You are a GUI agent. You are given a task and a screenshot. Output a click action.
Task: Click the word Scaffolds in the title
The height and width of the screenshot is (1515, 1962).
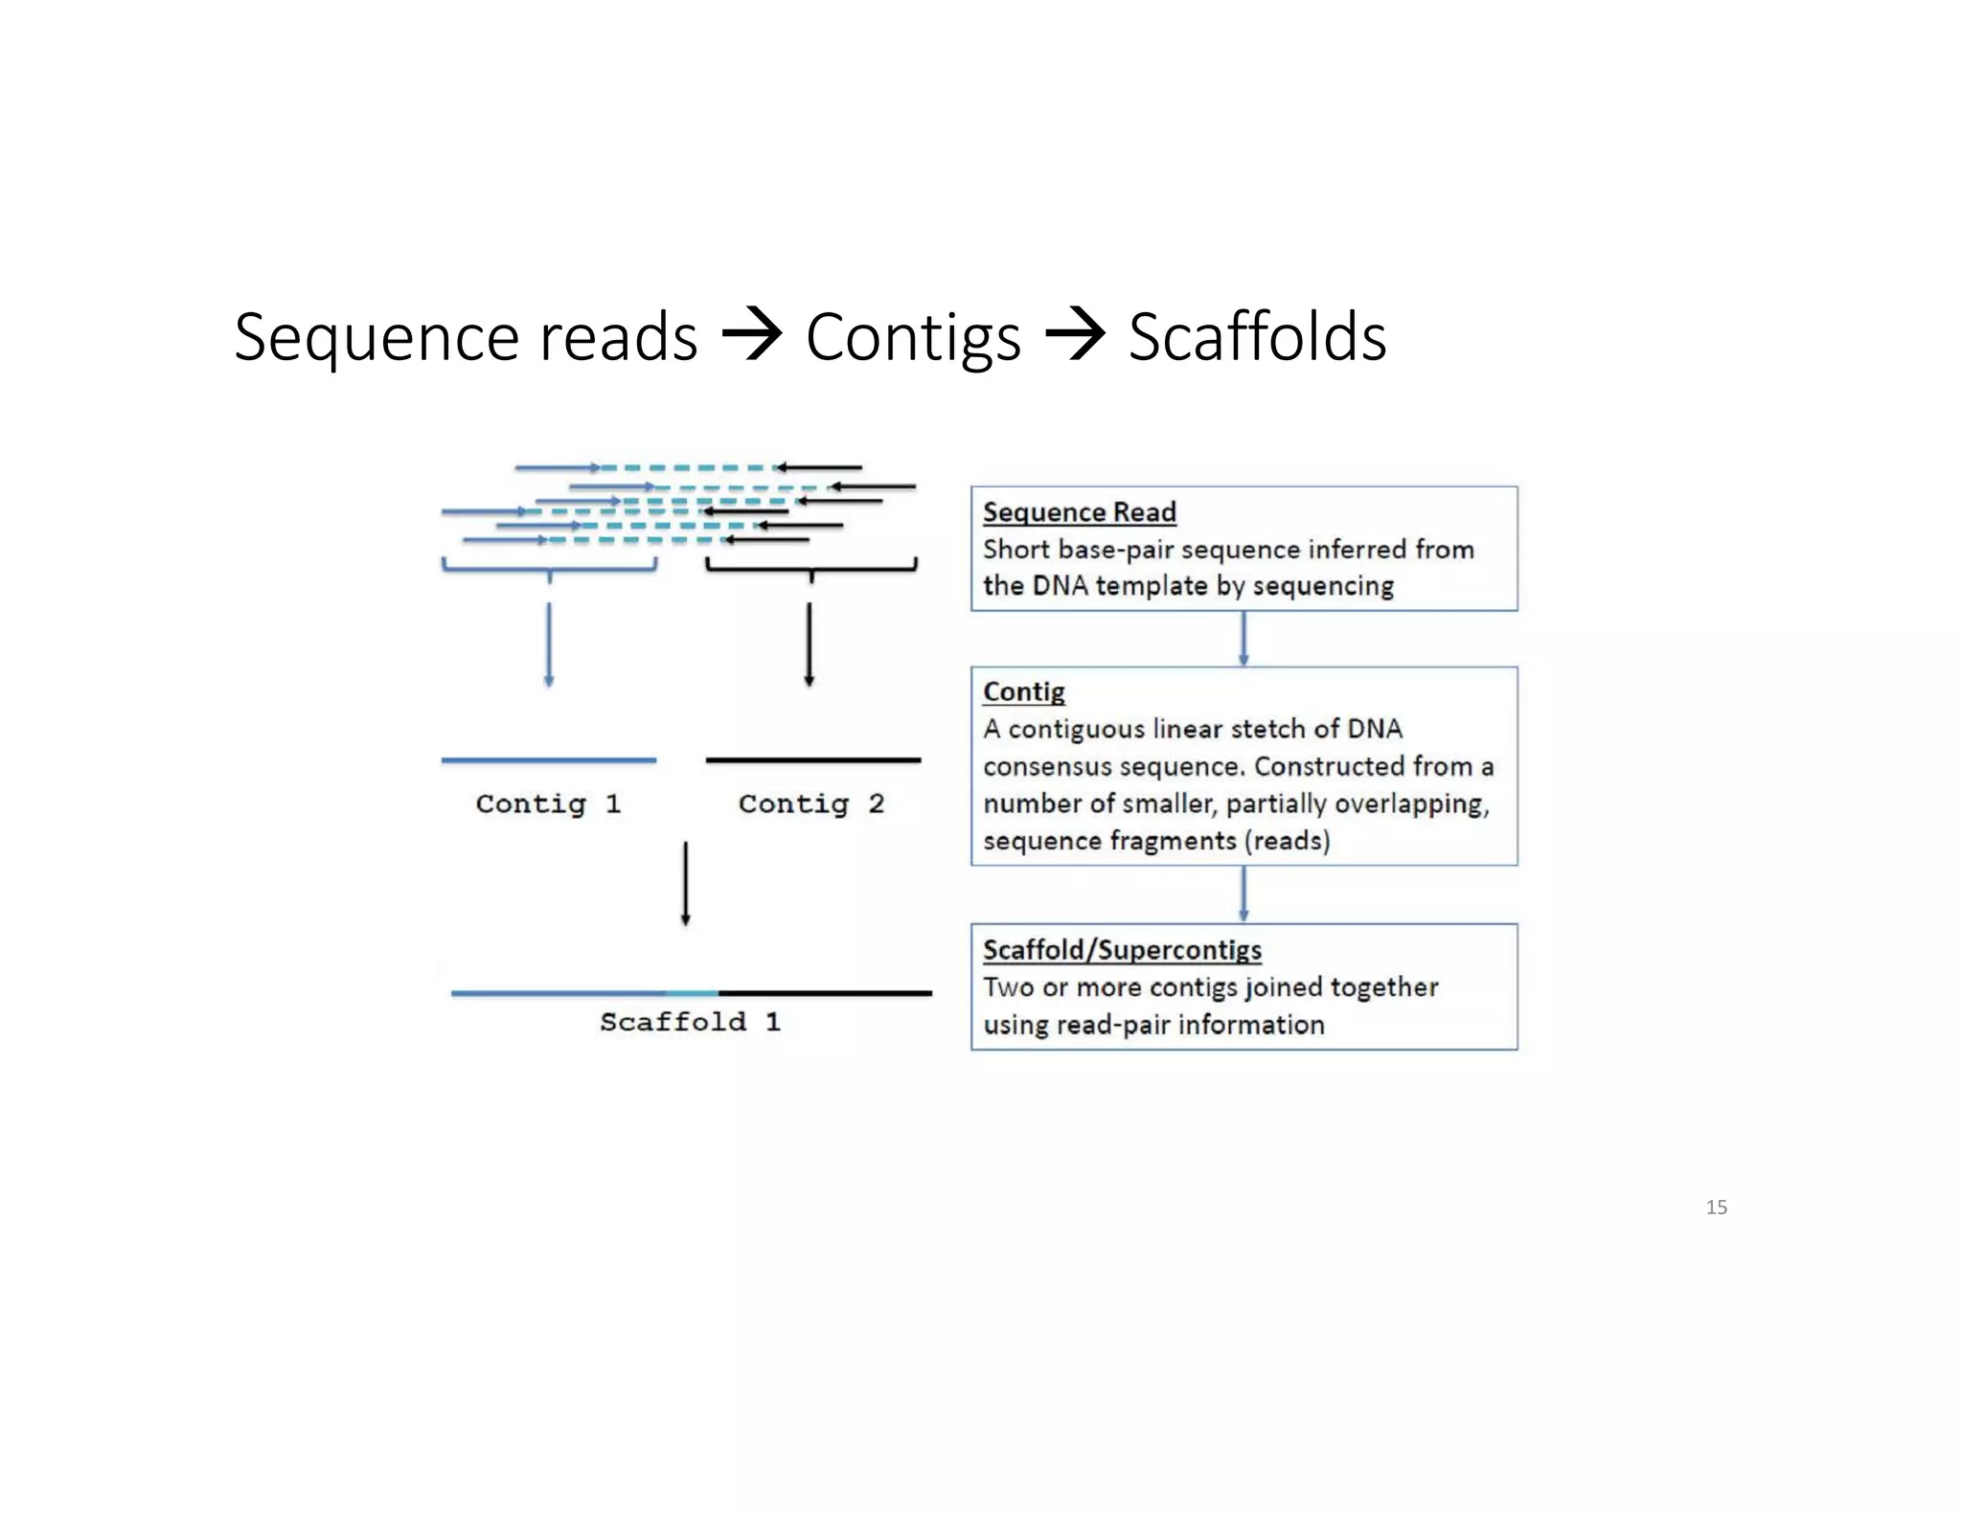click(x=1257, y=337)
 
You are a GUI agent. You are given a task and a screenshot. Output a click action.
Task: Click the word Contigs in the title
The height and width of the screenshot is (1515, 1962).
click(x=913, y=339)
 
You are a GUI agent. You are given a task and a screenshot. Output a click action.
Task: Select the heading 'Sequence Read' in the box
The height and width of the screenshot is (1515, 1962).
click(x=1079, y=512)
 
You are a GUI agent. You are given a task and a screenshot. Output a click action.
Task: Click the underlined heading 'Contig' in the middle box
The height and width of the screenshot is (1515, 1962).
click(x=1023, y=691)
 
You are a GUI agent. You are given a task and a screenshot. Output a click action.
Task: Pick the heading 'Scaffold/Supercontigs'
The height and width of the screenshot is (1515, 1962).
click(x=1122, y=950)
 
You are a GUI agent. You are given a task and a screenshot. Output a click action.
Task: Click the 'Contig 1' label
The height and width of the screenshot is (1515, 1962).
click(x=548, y=803)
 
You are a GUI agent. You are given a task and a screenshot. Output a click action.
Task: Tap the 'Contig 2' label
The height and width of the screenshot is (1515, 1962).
click(x=810, y=803)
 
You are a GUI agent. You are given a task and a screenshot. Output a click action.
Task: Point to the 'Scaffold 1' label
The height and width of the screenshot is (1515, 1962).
click(x=690, y=1022)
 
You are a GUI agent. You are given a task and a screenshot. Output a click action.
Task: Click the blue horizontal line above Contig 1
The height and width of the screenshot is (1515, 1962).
click(x=548, y=760)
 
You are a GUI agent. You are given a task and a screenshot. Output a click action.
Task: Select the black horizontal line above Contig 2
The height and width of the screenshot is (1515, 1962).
click(x=812, y=760)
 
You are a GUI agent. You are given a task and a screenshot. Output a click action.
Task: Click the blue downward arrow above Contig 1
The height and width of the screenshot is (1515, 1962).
click(x=548, y=644)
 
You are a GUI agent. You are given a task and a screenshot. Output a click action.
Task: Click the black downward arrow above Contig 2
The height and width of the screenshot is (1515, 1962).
click(x=809, y=644)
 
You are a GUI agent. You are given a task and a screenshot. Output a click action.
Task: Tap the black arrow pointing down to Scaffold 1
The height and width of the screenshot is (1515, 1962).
click(x=685, y=883)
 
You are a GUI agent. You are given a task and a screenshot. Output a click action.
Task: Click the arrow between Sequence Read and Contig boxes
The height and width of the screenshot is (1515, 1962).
click(x=1243, y=639)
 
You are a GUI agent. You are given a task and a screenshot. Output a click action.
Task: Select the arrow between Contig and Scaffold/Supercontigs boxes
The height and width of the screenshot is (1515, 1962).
click(x=1243, y=894)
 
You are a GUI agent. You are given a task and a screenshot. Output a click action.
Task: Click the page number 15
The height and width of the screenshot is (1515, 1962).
click(x=1716, y=1207)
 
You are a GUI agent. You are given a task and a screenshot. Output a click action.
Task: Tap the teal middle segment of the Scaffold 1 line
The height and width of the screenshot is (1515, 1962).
click(x=692, y=993)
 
